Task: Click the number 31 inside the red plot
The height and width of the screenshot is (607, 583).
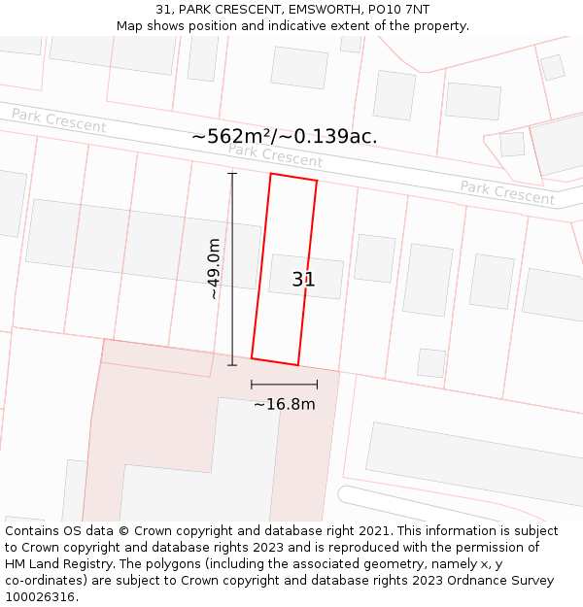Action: [x=303, y=280]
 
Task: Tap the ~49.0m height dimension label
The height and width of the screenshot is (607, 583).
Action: [x=214, y=269]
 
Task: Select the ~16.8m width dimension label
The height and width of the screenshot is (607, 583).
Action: [x=285, y=404]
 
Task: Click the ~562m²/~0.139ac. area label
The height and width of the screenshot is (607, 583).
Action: [x=285, y=137]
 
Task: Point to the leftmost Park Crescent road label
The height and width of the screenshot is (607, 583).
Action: [x=58, y=121]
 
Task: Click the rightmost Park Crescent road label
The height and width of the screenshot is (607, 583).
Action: [x=507, y=192]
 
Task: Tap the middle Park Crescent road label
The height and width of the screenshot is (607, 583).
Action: [x=275, y=155]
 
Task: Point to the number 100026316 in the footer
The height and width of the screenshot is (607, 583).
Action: [x=39, y=597]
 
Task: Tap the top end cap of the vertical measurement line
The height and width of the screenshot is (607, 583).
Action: [x=232, y=173]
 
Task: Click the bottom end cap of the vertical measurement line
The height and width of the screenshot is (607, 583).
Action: [x=232, y=365]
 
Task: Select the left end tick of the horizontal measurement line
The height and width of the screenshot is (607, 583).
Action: [x=252, y=385]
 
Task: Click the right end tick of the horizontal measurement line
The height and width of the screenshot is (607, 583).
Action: [x=317, y=385]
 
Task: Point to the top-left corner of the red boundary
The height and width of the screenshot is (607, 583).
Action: [x=271, y=174]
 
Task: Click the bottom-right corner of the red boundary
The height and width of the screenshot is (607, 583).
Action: [x=298, y=365]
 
